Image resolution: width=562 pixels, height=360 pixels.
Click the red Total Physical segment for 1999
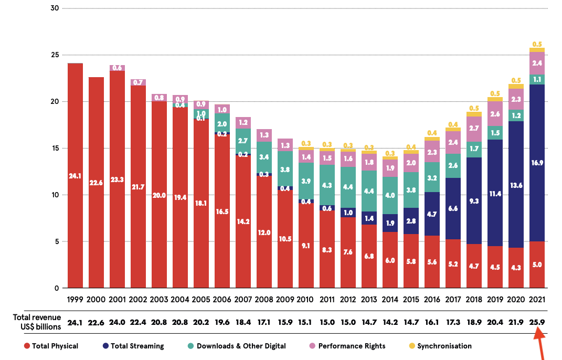coord(75,176)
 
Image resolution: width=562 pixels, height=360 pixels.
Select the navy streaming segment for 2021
coord(537,163)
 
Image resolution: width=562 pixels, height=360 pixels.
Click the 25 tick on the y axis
coord(54,55)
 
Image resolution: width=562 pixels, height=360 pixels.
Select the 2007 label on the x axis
coord(243,300)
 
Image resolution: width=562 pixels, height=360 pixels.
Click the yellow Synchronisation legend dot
coord(411,346)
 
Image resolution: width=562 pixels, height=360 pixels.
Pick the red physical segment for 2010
coord(306,246)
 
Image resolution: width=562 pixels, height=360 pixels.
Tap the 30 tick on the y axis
coord(54,8)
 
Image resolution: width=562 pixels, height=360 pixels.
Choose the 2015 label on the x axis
coord(411,300)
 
